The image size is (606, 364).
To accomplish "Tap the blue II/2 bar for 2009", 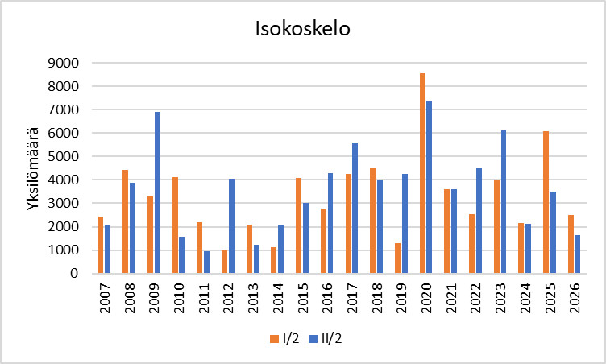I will [x=157, y=192].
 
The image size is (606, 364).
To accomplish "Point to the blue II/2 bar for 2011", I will [x=206, y=263].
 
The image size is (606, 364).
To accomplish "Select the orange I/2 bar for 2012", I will [x=224, y=262].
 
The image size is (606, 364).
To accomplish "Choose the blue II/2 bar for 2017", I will [x=355, y=208].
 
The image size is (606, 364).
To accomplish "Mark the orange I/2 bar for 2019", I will [x=397, y=258].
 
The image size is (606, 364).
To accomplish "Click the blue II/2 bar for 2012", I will [x=231, y=225].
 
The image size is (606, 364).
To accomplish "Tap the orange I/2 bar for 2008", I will [x=125, y=221].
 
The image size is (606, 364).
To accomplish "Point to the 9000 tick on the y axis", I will [x=64, y=63].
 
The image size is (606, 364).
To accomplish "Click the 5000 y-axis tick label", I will [x=64, y=156].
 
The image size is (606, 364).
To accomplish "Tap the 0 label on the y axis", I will [x=74, y=274].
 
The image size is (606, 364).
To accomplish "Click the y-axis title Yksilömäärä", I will [x=33, y=168].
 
